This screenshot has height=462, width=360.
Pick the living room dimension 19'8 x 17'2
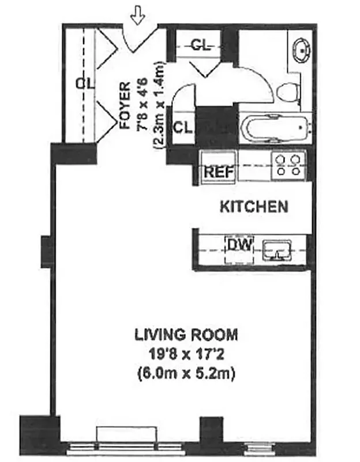click(186, 353)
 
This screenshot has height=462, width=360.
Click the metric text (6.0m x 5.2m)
click(186, 372)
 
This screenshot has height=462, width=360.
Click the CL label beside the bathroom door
click(182, 126)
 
